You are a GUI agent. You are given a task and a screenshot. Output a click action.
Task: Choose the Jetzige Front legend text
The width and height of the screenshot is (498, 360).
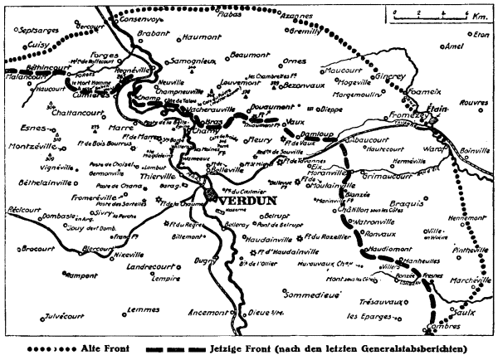(x=249, y=348)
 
